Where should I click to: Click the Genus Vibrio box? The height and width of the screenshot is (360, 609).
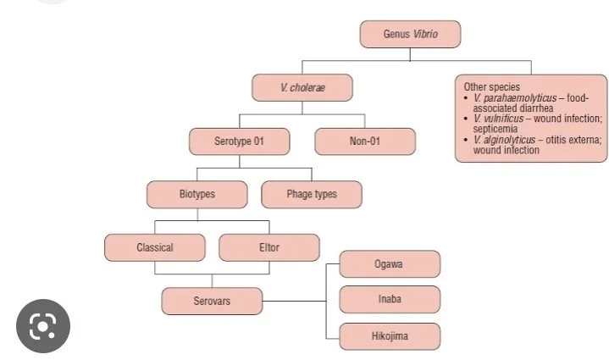[410, 35]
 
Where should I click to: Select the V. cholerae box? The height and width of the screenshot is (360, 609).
[302, 88]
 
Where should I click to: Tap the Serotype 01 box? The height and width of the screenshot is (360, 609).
[240, 141]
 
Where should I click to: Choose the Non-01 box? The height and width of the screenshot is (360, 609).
[365, 141]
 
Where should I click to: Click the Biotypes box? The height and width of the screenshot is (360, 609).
[197, 194]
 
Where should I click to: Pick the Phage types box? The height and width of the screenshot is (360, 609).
[311, 194]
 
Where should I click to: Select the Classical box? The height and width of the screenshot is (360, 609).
[155, 247]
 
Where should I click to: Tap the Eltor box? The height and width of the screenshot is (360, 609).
[269, 247]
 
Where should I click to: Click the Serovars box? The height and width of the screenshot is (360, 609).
[211, 301]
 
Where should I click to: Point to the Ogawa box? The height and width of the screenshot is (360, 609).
[390, 263]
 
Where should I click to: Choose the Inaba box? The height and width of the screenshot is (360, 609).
[390, 299]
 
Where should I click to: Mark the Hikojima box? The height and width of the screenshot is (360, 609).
[390, 336]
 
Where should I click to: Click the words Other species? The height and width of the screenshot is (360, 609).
[492, 87]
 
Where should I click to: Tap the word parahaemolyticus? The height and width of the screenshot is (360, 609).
[518, 98]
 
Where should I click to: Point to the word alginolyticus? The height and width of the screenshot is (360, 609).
[508, 139]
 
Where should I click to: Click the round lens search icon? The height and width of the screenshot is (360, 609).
[42, 326]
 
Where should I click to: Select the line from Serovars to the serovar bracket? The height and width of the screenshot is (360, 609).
[292, 301]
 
